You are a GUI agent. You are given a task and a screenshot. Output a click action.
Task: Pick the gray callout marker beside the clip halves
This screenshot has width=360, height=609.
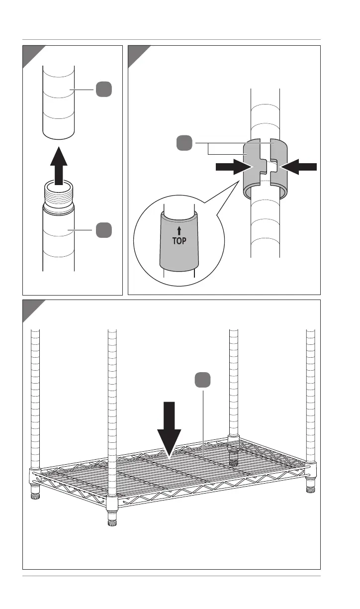tap(184, 143)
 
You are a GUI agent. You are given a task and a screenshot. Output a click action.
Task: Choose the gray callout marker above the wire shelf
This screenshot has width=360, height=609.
tap(202, 380)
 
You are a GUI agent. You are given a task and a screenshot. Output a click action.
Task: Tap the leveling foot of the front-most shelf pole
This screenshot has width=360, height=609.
tap(112, 522)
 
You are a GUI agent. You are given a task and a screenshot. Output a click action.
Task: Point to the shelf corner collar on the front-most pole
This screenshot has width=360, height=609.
tap(112, 505)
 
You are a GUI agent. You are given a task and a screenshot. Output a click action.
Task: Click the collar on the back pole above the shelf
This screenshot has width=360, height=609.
tap(233, 438)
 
